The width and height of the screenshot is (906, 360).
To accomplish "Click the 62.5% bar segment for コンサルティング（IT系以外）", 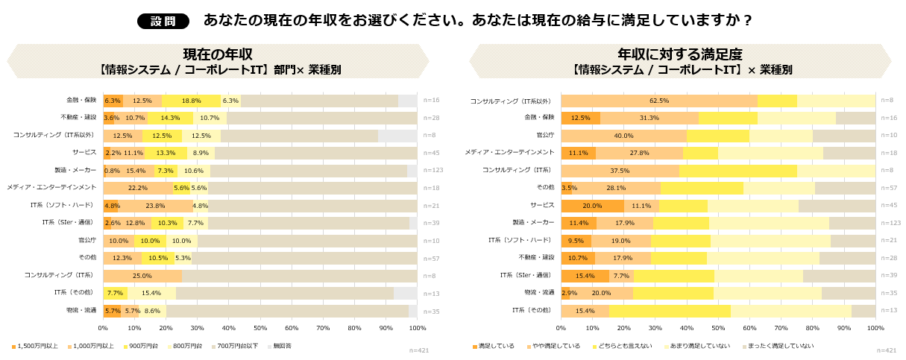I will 659,101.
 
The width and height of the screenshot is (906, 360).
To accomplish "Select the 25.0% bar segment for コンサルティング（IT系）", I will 142,276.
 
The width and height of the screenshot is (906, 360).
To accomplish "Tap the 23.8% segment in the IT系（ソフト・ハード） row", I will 155,206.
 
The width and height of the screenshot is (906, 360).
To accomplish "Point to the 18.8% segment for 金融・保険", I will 192,101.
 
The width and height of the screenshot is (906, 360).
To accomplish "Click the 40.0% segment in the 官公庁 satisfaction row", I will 623,136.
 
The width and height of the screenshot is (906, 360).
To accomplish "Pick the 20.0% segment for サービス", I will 592,206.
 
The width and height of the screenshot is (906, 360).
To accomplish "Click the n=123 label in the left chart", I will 432,171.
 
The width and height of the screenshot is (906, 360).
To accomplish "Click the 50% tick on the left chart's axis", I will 260,327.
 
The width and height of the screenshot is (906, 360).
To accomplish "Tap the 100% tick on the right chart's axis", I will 875,327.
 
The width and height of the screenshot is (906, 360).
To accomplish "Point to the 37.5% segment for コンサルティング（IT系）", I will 620,171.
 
